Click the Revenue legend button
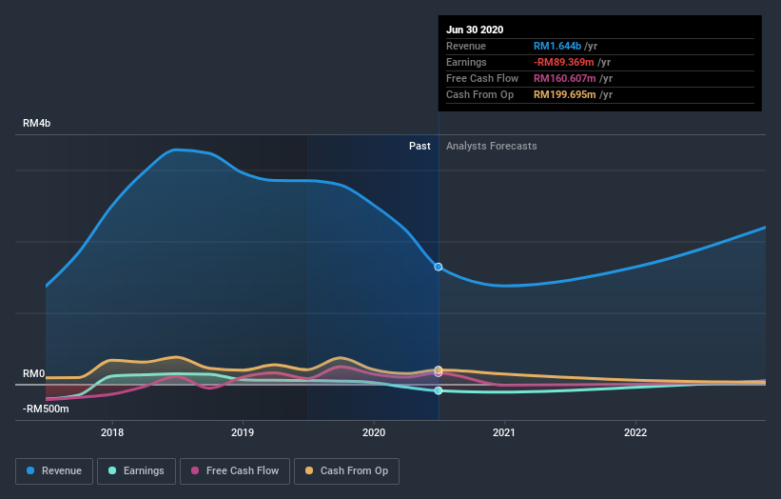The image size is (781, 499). click(55, 470)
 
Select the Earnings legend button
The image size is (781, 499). click(137, 470)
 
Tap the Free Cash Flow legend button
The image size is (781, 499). click(234, 470)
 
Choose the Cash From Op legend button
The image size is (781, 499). click(347, 470)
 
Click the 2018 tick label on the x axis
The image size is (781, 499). click(112, 432)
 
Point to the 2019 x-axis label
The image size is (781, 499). click(243, 432)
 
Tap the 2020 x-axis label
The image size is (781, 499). click(374, 432)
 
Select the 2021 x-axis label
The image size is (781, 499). click(504, 432)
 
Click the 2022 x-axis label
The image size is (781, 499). click(635, 432)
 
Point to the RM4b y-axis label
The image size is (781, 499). click(39, 124)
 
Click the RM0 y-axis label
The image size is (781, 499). click(34, 373)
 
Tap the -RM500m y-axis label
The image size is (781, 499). click(46, 409)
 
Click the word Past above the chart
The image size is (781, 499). click(420, 146)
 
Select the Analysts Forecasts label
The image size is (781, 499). click(491, 146)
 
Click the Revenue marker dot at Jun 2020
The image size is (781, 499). click(439, 267)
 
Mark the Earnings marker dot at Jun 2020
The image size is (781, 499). click(439, 390)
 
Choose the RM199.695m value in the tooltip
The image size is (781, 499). click(565, 94)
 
